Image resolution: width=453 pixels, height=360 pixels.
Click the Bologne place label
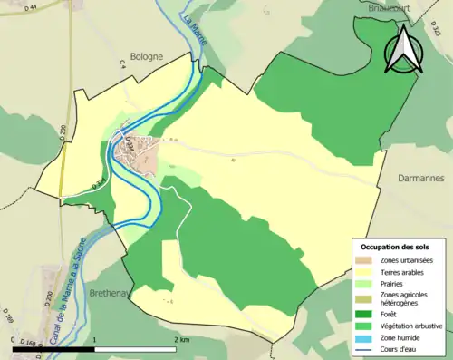pos(145,55)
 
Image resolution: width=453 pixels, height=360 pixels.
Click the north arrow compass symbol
pos(404,49)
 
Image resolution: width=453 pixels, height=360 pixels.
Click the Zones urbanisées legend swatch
pos(367,260)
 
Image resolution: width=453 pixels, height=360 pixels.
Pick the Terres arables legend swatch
pos(367,271)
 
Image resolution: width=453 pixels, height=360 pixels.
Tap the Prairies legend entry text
pos(393,283)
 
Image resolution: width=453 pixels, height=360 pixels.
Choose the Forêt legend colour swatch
pos(367,314)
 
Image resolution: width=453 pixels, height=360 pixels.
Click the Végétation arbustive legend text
pos(412,325)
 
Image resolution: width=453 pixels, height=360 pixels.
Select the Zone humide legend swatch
pos(367,336)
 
